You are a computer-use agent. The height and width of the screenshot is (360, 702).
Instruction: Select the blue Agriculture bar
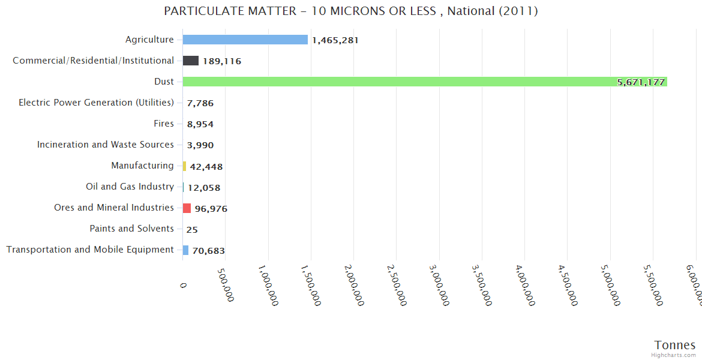(245, 40)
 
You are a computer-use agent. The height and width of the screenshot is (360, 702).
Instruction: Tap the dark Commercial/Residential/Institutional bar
(191, 61)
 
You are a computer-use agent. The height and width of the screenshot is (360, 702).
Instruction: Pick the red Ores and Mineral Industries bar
(187, 208)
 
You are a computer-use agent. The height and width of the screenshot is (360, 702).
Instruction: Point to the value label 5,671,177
(641, 82)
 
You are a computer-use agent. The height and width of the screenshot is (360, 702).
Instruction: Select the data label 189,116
(222, 61)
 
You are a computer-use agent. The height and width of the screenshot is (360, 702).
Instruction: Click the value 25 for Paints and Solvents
(192, 229)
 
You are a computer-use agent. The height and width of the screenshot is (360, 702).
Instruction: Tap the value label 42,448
(206, 166)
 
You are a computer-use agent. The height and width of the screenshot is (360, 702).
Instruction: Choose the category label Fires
(164, 124)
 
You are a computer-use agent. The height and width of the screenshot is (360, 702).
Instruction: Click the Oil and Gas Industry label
(130, 187)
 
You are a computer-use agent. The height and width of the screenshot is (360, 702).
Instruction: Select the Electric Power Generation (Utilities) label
(96, 103)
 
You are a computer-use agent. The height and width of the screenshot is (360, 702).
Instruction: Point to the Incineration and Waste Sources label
(106, 145)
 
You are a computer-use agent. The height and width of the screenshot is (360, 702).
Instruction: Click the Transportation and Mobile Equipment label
(90, 250)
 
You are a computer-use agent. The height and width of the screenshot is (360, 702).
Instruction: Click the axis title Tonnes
(674, 345)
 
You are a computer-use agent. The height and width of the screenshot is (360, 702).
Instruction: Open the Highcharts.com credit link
(674, 355)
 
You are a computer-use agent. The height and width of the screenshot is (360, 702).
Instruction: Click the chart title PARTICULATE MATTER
(350, 11)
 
